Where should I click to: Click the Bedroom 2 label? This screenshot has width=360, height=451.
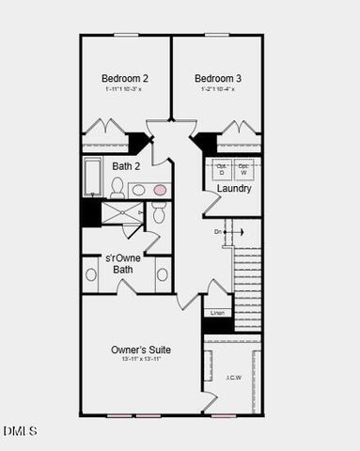coord(125,78)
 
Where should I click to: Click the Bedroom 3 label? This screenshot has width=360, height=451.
coord(217,78)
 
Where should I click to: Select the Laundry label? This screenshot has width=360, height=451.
coord(234,189)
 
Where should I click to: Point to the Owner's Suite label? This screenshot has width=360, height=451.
coord(142,350)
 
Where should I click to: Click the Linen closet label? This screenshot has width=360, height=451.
coord(218,312)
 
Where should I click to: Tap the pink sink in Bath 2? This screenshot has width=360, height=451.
coord(160,190)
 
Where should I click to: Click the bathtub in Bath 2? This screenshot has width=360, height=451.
coord(93,177)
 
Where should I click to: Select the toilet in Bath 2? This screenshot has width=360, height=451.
coord(117,188)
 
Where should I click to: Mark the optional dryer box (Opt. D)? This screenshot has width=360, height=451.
coord(222,171)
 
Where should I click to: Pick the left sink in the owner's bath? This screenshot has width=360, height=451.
coord(91,274)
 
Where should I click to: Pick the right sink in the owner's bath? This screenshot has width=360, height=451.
coord(163,274)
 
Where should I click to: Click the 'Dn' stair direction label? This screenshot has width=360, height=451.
coord(218,231)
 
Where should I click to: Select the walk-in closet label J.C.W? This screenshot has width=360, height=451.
coord(234,378)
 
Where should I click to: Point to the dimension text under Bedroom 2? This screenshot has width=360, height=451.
coord(125,89)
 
